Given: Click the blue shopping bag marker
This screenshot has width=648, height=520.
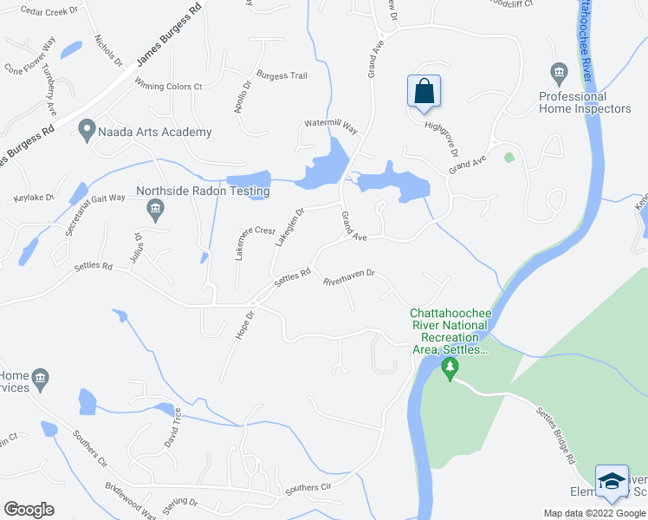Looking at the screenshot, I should click(x=424, y=92).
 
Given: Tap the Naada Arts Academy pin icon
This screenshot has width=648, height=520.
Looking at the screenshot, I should click(x=87, y=131).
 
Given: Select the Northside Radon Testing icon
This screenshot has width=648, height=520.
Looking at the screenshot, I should click(x=156, y=207).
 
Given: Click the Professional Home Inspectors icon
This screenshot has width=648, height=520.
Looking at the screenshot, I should click(x=558, y=71).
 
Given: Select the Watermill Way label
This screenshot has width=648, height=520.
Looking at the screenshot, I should click(x=330, y=126).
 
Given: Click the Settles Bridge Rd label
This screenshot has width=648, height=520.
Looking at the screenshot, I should click(x=554, y=433).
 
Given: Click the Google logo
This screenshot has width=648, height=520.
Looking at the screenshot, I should click(x=29, y=510).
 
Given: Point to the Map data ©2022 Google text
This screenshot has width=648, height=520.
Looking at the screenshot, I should click(x=595, y=513).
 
